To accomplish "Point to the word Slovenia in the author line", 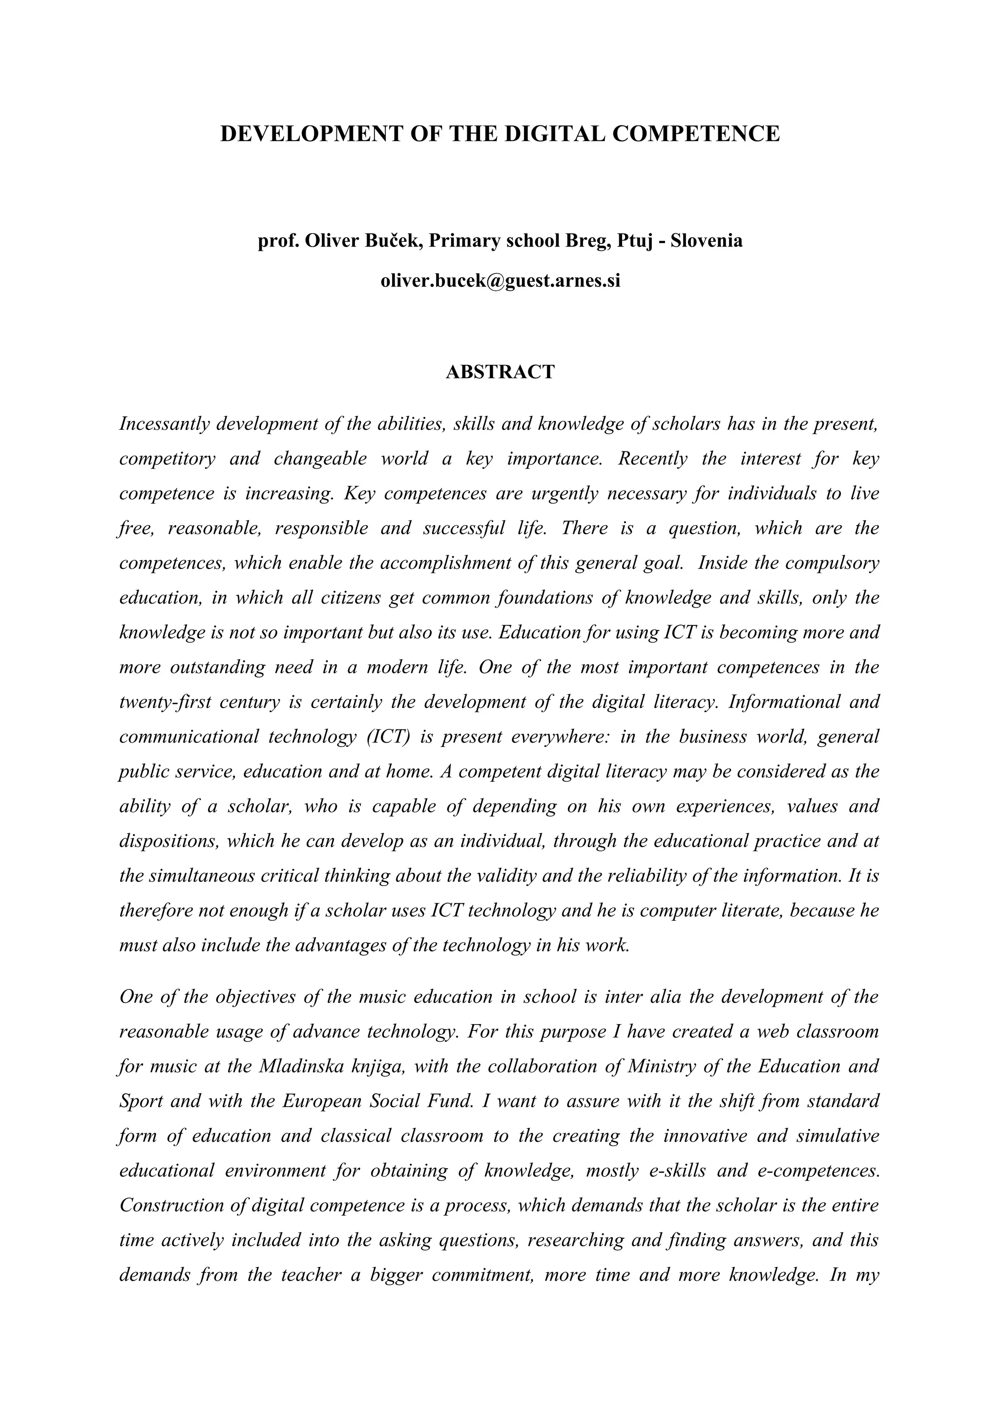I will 706,241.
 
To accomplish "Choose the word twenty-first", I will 165,702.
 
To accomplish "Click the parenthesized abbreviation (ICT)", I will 384,737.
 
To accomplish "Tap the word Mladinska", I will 301,1067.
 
